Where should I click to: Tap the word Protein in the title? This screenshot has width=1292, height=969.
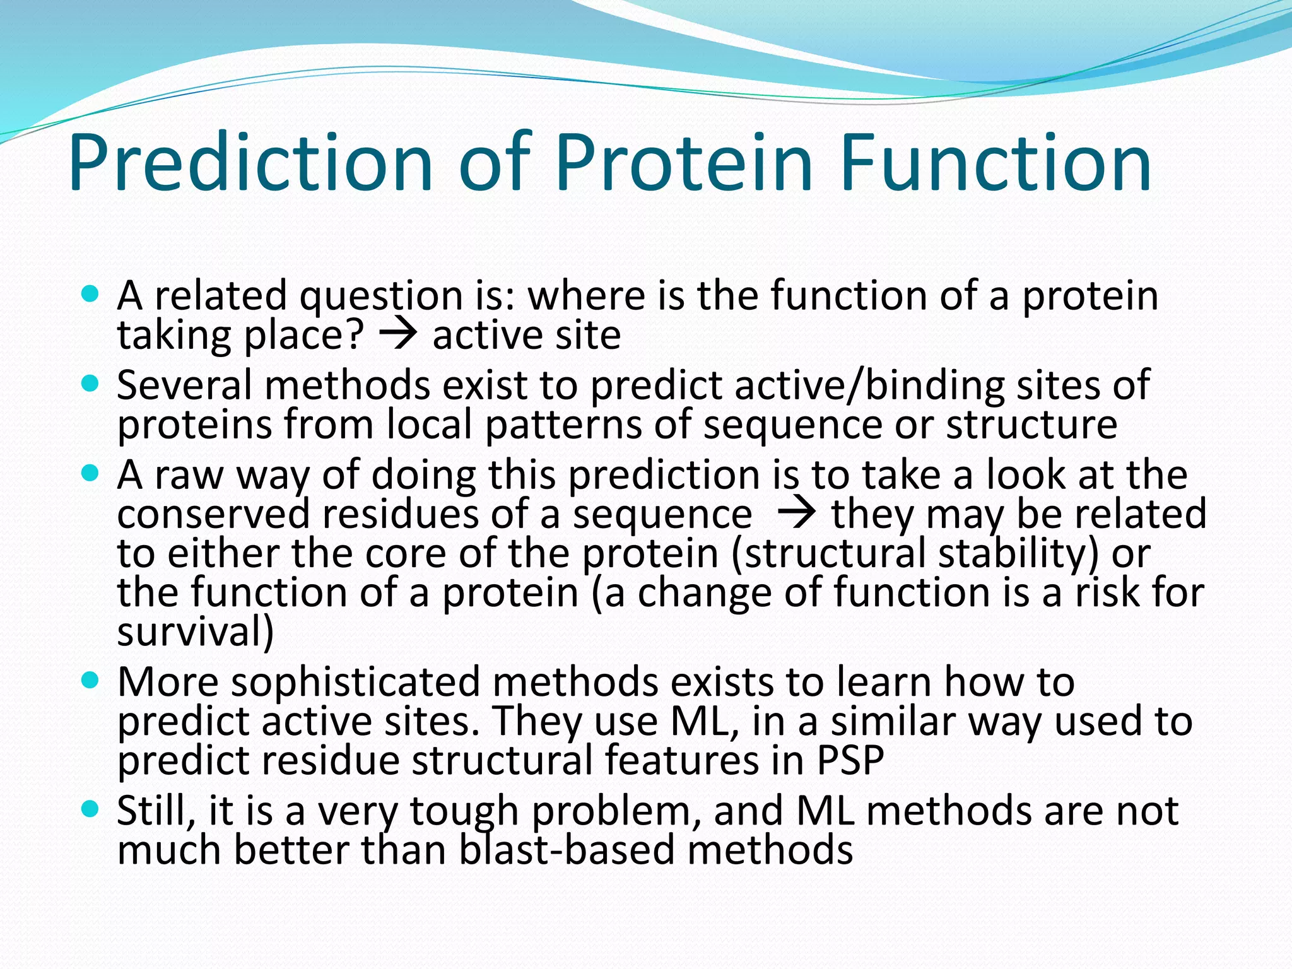pyautogui.click(x=683, y=163)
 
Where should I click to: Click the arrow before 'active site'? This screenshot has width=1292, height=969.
pyautogui.click(x=398, y=335)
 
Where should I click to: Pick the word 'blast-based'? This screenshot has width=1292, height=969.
pyautogui.click(x=567, y=850)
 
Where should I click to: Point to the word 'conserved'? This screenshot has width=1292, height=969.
pyautogui.click(x=213, y=514)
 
